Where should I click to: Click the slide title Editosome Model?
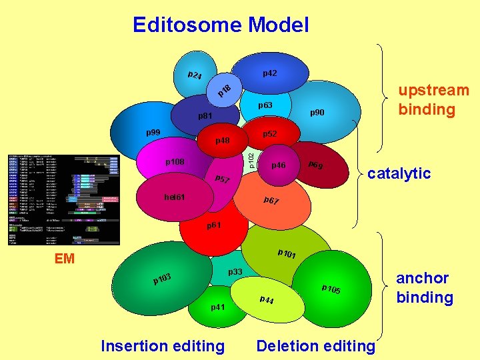click(221, 25)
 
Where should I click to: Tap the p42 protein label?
click(270, 73)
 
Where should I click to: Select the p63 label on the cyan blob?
click(266, 105)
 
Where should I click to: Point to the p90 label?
click(317, 113)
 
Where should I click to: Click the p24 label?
click(195, 75)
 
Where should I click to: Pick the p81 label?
click(205, 116)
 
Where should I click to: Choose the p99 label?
click(154, 133)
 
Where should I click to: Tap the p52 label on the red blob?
click(270, 134)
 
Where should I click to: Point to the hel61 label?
click(175, 197)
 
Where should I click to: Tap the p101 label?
click(287, 254)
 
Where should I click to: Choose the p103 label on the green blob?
click(163, 278)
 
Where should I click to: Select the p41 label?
click(218, 307)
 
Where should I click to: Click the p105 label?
click(331, 289)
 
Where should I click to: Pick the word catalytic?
click(399, 173)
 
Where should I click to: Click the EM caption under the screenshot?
click(65, 259)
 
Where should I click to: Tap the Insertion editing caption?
click(162, 345)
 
